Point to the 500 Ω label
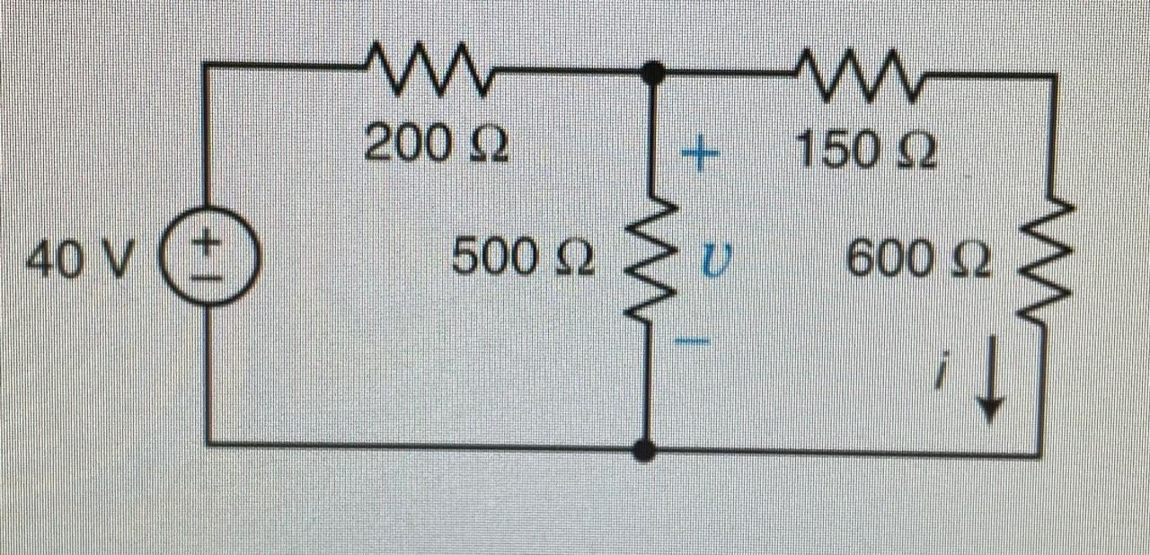521,260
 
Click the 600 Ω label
917,262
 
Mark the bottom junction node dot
644,450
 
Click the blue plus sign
701,156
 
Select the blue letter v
712,262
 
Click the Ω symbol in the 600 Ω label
971,262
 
